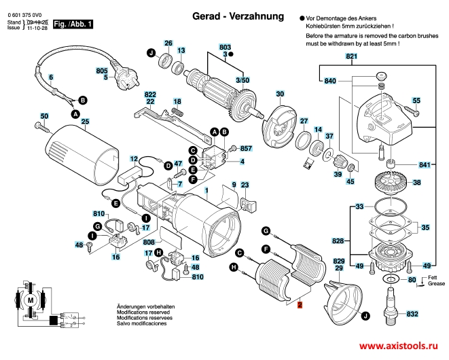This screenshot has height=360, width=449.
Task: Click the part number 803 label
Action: point(226,46)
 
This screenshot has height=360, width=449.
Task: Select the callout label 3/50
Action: point(242,80)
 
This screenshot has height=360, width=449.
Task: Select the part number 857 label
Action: point(246,148)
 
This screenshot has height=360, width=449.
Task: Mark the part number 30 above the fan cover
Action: point(280,94)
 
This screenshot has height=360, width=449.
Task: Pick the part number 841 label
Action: point(425,165)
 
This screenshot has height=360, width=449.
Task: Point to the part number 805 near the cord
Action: point(102,71)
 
